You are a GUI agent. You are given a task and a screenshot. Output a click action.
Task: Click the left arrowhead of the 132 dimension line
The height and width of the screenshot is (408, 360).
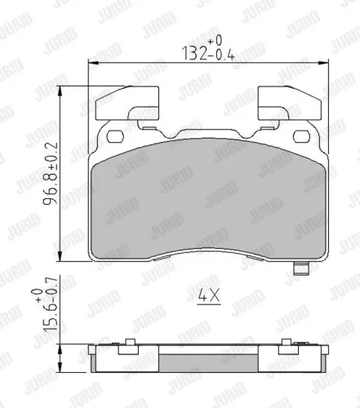tap(91, 63)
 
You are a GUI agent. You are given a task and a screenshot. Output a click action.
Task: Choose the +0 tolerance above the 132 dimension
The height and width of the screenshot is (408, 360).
tap(215, 39)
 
